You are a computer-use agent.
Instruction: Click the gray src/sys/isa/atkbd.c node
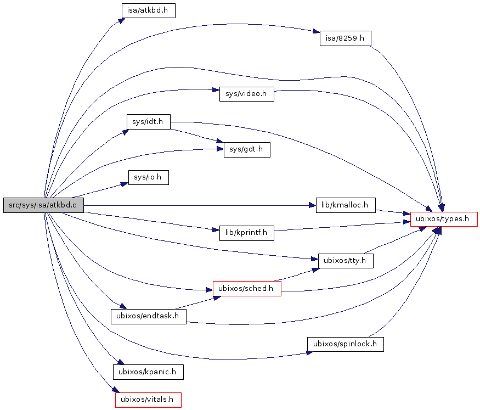(x=43, y=205)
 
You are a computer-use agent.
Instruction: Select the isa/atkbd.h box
(x=148, y=10)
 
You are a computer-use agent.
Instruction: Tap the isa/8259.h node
(x=346, y=38)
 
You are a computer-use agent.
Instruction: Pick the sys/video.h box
(x=246, y=94)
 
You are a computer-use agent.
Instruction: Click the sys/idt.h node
(x=148, y=121)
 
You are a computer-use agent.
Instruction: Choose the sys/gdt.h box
(x=247, y=150)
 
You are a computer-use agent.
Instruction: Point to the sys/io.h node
(x=148, y=177)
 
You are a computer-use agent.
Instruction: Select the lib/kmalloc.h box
(x=346, y=205)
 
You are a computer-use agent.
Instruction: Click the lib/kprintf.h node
(x=246, y=233)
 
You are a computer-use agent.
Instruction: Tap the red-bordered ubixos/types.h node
(x=444, y=219)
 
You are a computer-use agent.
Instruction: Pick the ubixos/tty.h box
(x=346, y=261)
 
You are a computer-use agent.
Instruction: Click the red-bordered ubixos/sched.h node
(x=247, y=288)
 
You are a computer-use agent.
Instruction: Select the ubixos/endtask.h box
(x=149, y=316)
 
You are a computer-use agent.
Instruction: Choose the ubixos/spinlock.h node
(x=345, y=344)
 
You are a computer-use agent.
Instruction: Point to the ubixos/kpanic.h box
(x=148, y=372)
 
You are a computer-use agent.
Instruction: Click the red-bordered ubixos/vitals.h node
(x=148, y=400)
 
